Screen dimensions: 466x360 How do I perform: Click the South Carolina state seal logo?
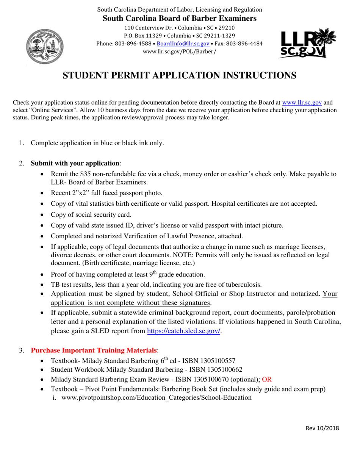[x=44, y=45]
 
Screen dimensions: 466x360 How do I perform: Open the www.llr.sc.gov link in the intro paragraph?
[x=302, y=102]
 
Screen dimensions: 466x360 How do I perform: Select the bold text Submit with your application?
[x=75, y=163]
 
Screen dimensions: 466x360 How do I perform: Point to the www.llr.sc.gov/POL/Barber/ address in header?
[x=180, y=51]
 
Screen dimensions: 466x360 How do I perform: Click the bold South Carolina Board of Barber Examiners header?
[x=180, y=18]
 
